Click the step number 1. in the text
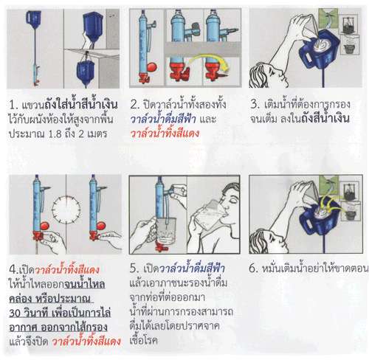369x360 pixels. coord(13,105)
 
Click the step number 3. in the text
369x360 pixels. coord(255,104)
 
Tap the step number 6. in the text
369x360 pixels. coord(254,269)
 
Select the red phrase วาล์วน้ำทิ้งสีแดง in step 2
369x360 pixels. coord(165,133)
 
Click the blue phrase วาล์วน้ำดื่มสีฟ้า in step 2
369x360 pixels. coord(163,119)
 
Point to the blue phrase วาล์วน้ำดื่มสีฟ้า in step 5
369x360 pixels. coord(192,268)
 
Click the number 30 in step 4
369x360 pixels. coord(15,314)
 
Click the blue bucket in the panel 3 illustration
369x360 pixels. coord(319,50)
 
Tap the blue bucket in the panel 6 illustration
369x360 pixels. coord(320,216)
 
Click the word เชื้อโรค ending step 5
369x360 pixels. coord(143,340)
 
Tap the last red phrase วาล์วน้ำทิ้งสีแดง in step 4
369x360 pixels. coord(86,342)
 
